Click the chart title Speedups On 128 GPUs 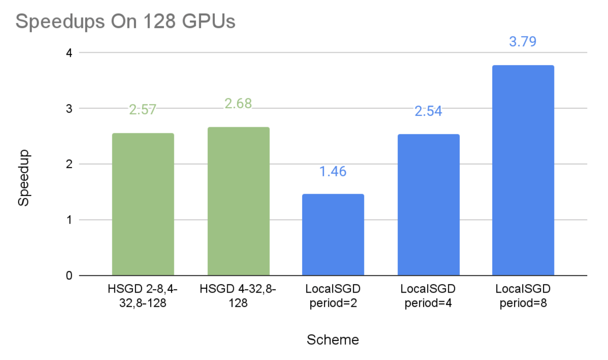click(125, 21)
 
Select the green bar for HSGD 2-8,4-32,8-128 click(143, 204)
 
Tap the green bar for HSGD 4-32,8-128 click(238, 201)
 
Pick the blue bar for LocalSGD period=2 click(333, 235)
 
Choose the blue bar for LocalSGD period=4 click(428, 205)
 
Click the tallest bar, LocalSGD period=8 click(523, 171)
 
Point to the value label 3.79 click(523, 42)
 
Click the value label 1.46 click(333, 172)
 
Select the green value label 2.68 click(238, 104)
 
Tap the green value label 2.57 click(143, 110)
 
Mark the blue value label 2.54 click(428, 111)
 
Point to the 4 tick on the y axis click(69, 53)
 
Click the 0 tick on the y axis click(69, 276)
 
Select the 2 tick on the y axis click(69, 164)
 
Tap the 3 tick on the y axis click(69, 109)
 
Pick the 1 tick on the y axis click(69, 220)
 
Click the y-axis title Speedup click(24, 178)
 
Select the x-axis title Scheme click(333, 340)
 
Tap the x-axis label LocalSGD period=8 click(523, 296)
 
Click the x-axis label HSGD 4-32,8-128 click(238, 296)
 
